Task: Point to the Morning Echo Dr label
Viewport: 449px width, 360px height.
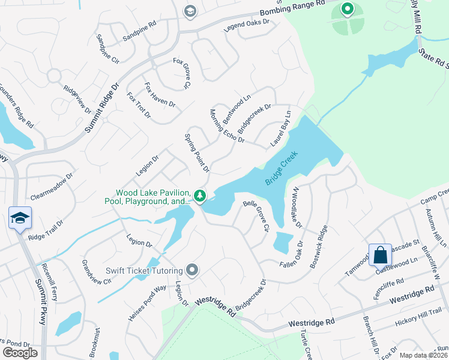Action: click(x=227, y=126)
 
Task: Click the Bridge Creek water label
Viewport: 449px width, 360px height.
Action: click(x=282, y=168)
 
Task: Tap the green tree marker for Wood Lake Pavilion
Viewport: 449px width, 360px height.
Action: click(x=200, y=196)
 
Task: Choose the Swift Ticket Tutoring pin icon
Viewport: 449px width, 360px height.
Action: click(x=192, y=271)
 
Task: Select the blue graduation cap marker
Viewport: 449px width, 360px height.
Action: click(x=20, y=218)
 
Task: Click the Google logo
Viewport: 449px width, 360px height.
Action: click(x=20, y=353)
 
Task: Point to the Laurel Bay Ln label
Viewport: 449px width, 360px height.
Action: click(x=280, y=128)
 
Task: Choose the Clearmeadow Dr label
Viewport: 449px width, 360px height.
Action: click(x=51, y=188)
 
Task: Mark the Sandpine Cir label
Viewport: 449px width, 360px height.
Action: click(x=107, y=48)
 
